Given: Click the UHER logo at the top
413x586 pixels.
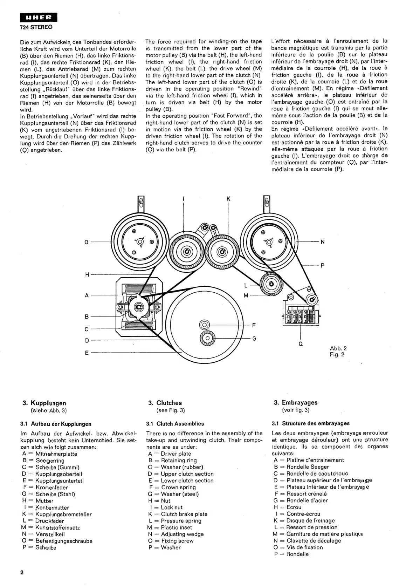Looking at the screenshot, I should [x=38, y=18].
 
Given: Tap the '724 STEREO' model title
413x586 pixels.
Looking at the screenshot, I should [x=36, y=27].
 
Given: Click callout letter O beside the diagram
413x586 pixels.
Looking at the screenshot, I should [x=87, y=242].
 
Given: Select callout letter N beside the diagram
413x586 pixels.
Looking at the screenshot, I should [x=322, y=242].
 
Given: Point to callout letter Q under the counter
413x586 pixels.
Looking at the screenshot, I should [x=301, y=344].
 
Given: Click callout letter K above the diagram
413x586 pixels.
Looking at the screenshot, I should [x=228, y=199].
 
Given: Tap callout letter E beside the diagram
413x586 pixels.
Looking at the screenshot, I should [x=87, y=353].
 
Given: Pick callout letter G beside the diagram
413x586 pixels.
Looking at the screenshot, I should [x=254, y=338].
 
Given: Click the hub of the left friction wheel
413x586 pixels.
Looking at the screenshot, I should [x=186, y=251].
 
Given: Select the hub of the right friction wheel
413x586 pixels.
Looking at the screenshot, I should [x=222, y=251].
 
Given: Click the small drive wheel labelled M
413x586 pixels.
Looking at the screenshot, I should [x=270, y=284].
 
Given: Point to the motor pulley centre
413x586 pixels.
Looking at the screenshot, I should [x=138, y=307].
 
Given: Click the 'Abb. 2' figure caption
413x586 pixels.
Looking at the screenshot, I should [x=338, y=348].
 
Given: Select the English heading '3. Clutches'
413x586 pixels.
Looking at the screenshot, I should [x=165, y=403].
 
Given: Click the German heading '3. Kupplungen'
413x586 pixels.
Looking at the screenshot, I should [x=44, y=403].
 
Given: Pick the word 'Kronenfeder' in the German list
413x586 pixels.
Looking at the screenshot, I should [x=52, y=488].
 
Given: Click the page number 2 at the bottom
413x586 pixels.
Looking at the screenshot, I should [x=22, y=573].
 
